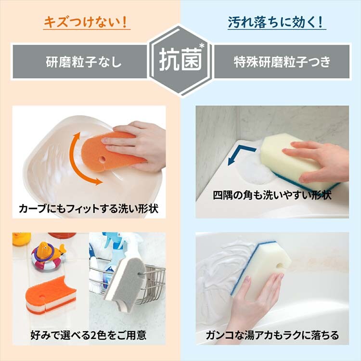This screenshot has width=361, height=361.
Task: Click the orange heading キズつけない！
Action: coord(86,22)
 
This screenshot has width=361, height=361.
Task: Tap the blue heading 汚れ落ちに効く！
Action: coord(276,22)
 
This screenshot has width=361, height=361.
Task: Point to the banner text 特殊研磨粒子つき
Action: coord(282,62)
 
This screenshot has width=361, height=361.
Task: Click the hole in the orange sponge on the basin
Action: coord(103,159)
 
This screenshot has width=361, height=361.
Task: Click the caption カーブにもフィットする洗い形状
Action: coord(89,208)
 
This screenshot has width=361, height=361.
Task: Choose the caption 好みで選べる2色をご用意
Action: coord(89,335)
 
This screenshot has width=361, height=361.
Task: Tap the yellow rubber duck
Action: coord(21,239)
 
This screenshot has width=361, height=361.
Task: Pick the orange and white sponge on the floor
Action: coord(51,295)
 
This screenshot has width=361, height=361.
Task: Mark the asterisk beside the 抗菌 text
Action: coord(202,46)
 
